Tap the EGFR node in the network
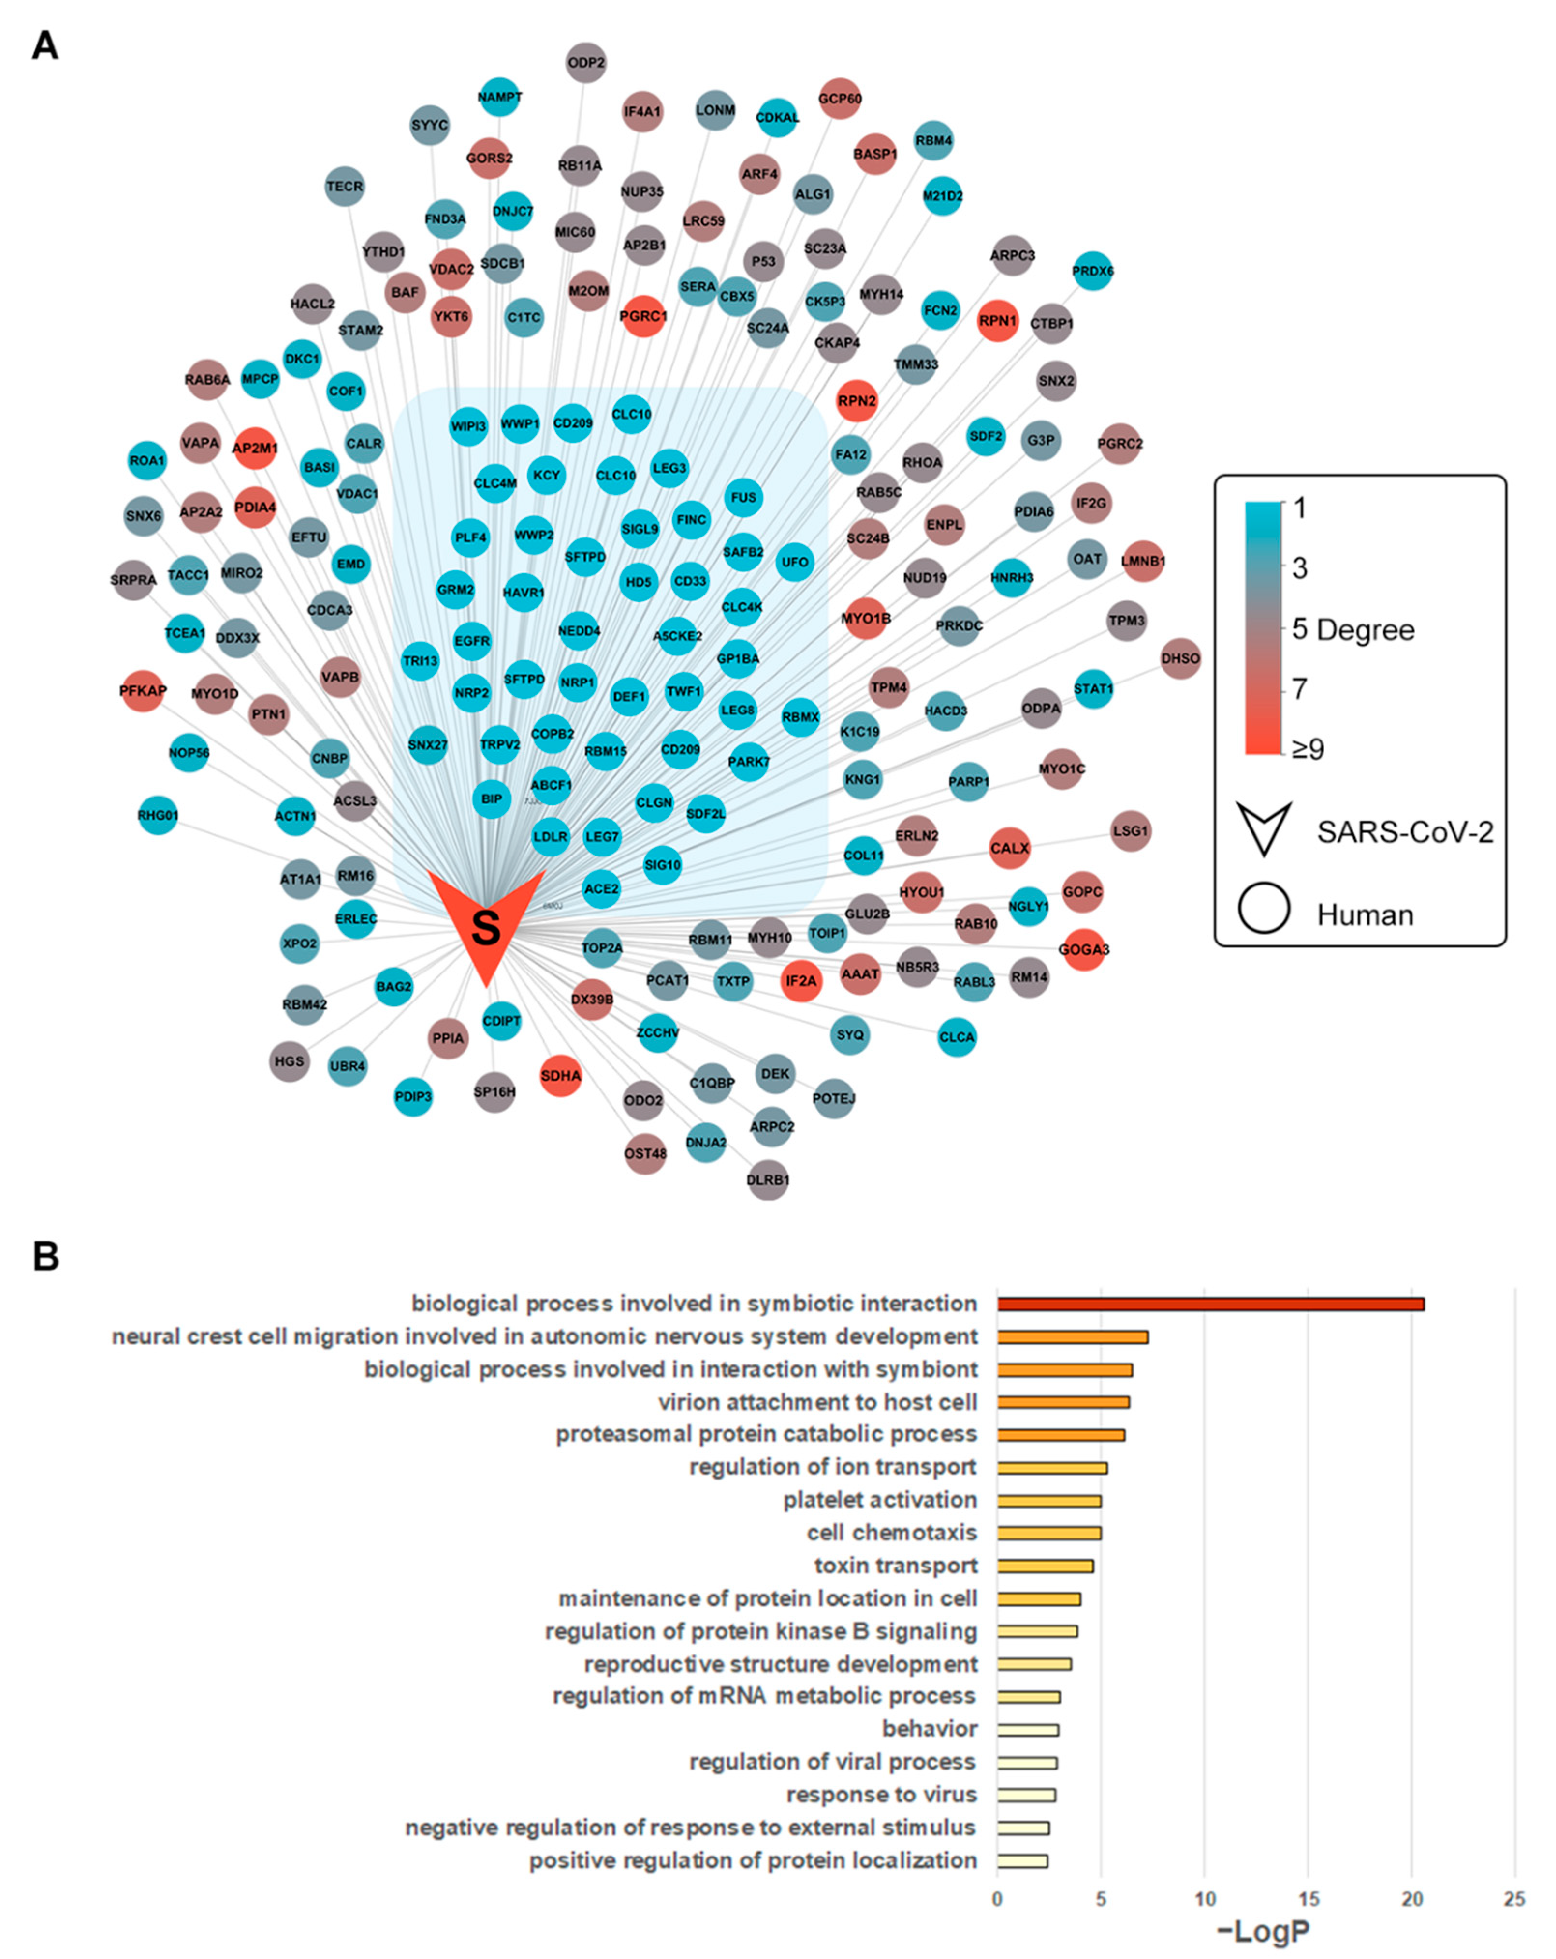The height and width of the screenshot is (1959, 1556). pos(472,640)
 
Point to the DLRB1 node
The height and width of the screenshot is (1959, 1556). pos(768,1179)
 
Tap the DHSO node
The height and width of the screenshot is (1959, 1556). pos(1180,658)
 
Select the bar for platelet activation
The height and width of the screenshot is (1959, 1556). pos(1049,1500)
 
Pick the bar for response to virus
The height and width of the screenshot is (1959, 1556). pos(1026,1795)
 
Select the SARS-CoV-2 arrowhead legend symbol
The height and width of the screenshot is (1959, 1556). pos(1264,827)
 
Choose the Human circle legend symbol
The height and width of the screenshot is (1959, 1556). pos(1264,909)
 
